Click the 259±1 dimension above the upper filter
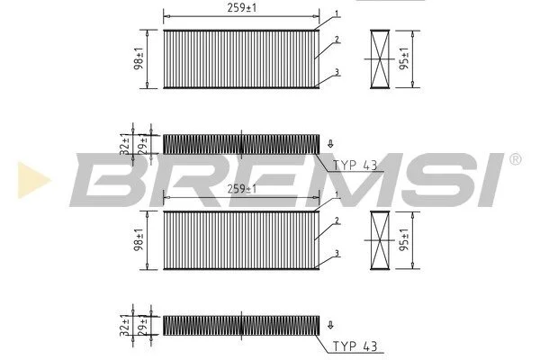click(x=242, y=8)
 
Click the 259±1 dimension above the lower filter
click(x=242, y=189)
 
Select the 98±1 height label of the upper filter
click(x=139, y=58)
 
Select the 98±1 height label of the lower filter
click(x=139, y=239)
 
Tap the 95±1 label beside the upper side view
click(x=404, y=58)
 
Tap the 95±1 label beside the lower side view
click(x=404, y=239)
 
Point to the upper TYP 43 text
click(x=355, y=166)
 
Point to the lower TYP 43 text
click(x=355, y=346)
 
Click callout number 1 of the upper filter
click(x=337, y=14)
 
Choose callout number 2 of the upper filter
click(x=337, y=40)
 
